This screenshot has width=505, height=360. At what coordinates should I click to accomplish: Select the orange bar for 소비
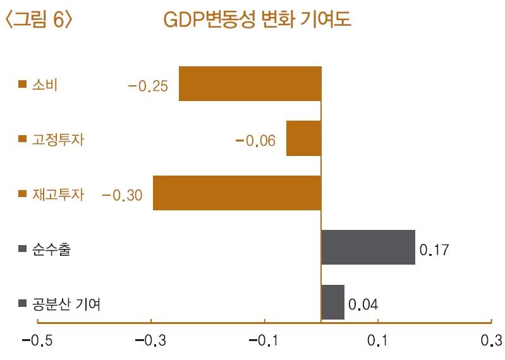250,84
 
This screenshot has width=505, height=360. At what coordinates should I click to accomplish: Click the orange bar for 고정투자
303,138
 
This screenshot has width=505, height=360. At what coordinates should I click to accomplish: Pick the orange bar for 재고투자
237,193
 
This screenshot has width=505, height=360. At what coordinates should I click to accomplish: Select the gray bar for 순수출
368,247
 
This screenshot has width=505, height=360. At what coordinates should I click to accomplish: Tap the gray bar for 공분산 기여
332,302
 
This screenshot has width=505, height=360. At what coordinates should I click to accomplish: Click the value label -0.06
255,141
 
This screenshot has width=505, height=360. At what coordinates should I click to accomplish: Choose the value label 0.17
434,250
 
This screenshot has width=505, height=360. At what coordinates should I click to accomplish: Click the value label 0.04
363,305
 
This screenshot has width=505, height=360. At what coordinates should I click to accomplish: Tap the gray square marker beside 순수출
23,249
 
